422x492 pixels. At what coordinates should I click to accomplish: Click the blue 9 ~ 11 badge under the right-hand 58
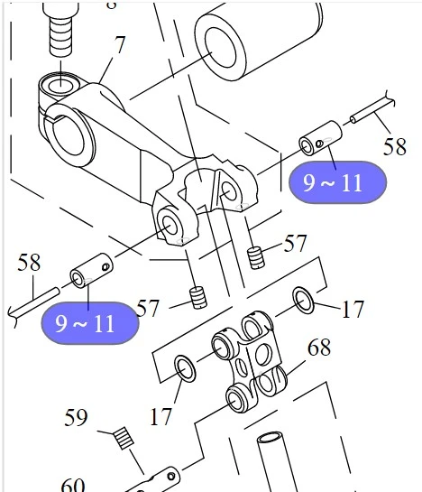pyautogui.click(x=336, y=183)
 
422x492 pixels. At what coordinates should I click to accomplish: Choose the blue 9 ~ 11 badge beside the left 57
pyautogui.click(x=89, y=322)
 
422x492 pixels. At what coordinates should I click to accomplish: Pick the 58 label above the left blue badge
pyautogui.click(x=30, y=263)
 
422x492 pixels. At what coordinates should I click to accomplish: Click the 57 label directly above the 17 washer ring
pyautogui.click(x=295, y=245)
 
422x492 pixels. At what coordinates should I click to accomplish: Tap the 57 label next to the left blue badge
pyautogui.click(x=149, y=309)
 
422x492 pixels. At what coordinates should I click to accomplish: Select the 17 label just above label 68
pyautogui.click(x=352, y=310)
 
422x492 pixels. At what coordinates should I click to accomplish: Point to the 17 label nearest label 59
pyautogui.click(x=161, y=416)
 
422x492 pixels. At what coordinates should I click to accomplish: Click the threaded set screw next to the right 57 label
pyautogui.click(x=256, y=255)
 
